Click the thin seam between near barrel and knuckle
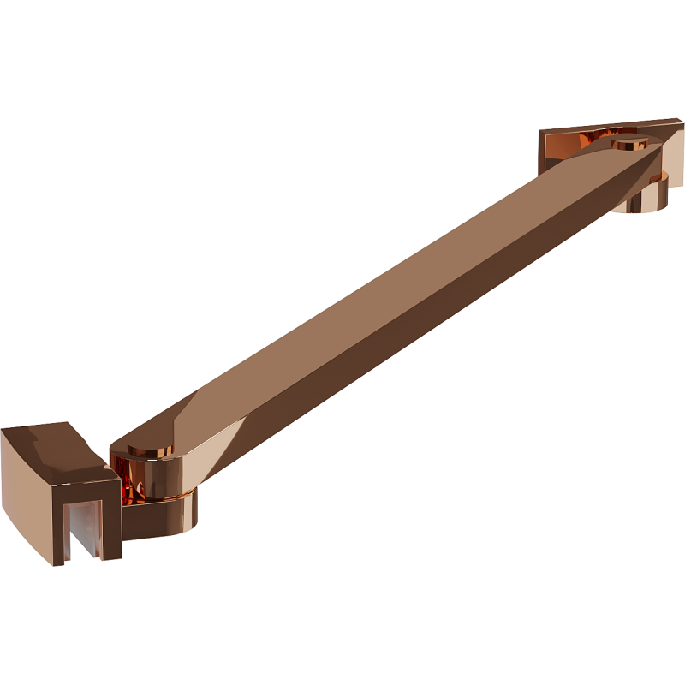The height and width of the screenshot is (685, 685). click(x=171, y=496)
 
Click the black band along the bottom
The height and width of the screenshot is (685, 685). click(x=342, y=625)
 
